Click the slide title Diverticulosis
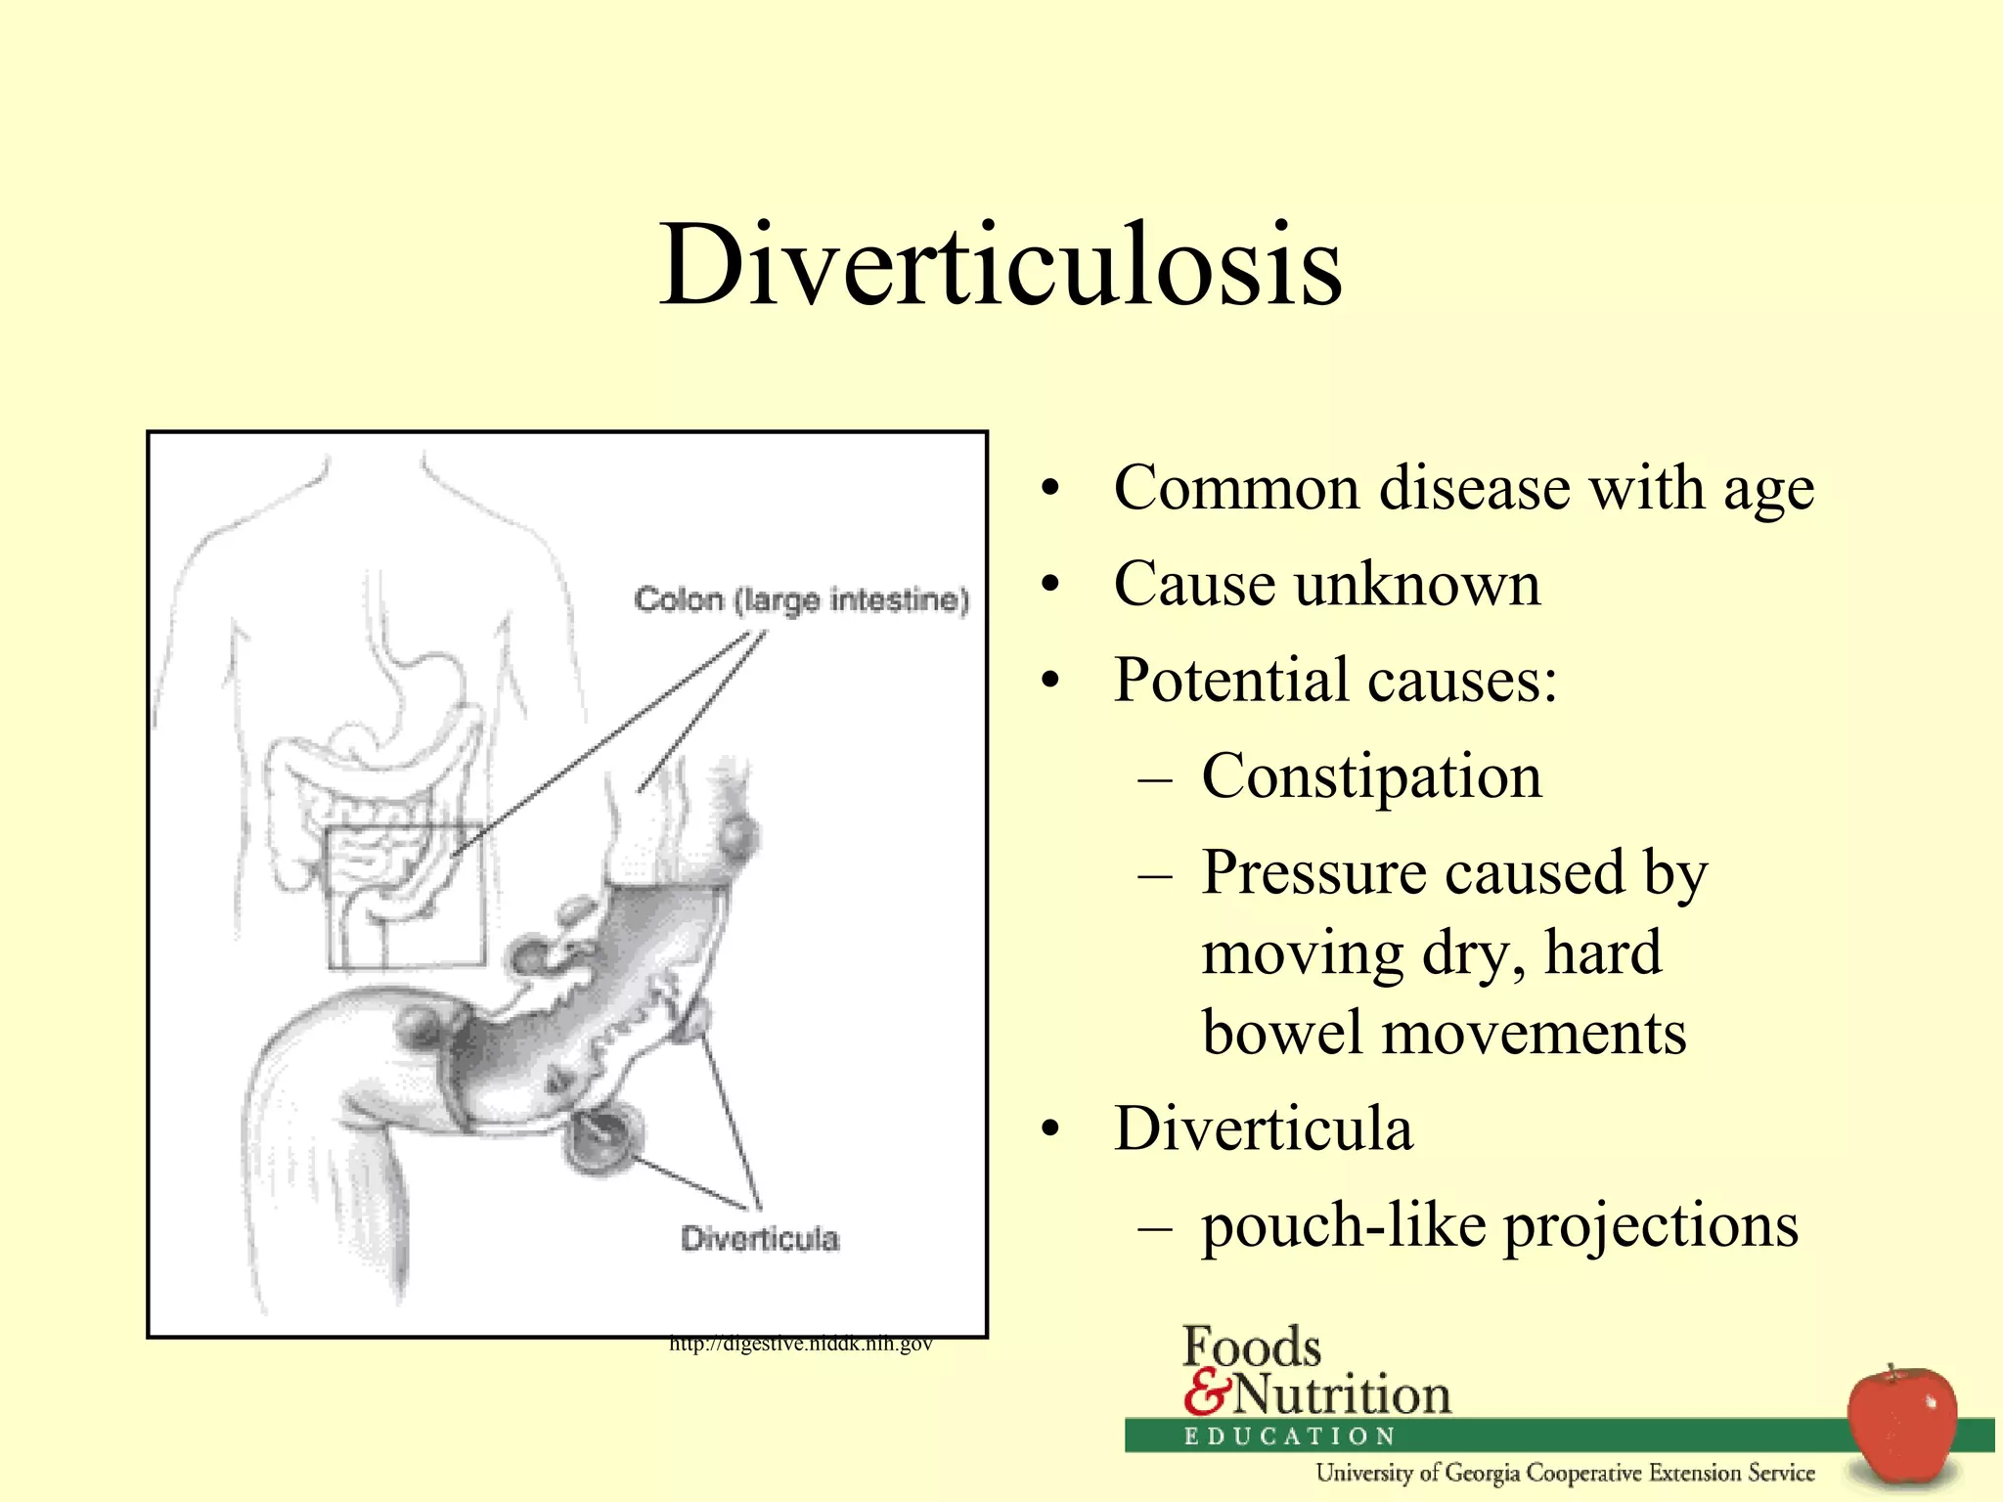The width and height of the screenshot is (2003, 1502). [1001, 265]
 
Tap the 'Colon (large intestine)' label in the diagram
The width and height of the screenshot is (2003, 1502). [801, 599]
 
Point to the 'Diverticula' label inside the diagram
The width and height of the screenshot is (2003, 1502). [760, 1239]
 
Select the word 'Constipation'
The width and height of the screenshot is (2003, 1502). [1371, 777]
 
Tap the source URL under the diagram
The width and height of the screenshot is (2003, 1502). [800, 1345]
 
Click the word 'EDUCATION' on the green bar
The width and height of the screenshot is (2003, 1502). [1289, 1436]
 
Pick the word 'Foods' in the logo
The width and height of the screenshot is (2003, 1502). [1252, 1347]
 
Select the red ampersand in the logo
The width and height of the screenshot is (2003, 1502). [1205, 1392]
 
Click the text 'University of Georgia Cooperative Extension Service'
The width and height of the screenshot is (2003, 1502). [1565, 1473]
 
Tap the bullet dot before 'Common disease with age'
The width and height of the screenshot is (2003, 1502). [1049, 489]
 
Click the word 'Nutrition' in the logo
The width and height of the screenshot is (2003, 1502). [1341, 1394]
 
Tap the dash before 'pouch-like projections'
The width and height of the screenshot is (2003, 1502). [1155, 1226]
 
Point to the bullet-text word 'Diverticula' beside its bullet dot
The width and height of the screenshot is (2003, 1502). [1263, 1129]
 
